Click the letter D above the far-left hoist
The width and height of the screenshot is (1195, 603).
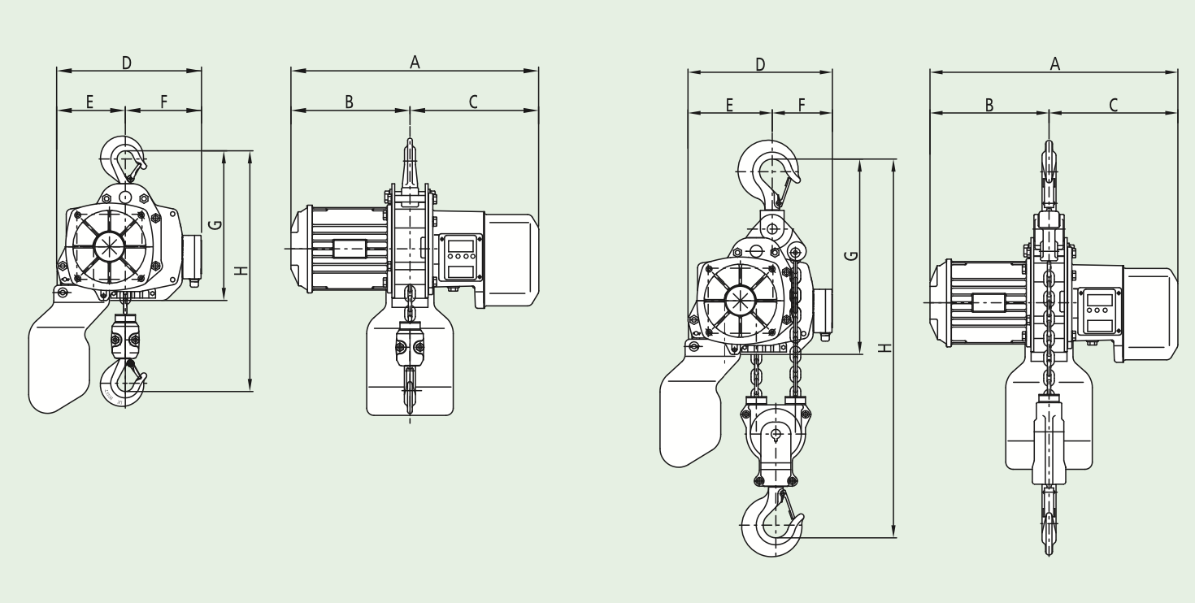tap(127, 63)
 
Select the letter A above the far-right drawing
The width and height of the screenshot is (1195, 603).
tap(1054, 64)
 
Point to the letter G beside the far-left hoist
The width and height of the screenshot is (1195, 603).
tap(215, 224)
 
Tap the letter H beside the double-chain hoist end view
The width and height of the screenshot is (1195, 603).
tap(885, 348)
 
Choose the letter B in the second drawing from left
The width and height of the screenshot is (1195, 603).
tap(349, 102)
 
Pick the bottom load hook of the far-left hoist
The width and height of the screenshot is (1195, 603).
tap(124, 382)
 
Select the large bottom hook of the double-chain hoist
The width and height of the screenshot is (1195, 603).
tap(772, 523)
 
